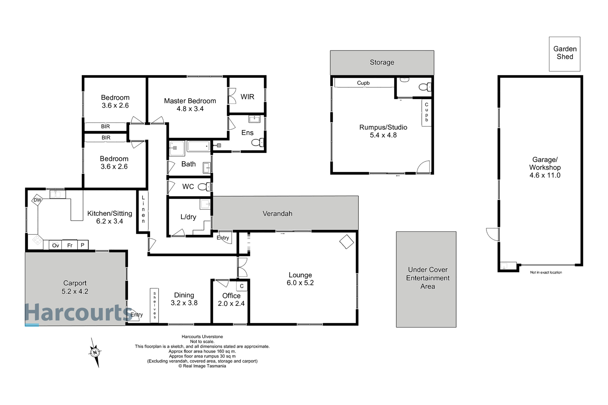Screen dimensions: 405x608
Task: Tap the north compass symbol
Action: click(95, 352)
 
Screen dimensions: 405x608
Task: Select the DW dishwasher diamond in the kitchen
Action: click(37, 200)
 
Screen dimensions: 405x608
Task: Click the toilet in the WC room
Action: click(204, 187)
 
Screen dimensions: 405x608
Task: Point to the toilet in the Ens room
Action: click(257, 142)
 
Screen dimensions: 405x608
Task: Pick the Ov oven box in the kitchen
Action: click(55, 245)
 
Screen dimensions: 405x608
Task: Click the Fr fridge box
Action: click(70, 245)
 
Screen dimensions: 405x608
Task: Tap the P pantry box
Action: click(82, 245)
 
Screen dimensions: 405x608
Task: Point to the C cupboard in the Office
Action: click(242, 286)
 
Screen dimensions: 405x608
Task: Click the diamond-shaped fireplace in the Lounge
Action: click(346, 242)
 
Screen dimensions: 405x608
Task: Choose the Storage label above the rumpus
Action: click(382, 62)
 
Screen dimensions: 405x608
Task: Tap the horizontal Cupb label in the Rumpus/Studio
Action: click(363, 83)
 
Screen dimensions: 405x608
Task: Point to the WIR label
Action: click(247, 97)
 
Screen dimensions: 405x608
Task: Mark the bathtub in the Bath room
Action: click(198, 146)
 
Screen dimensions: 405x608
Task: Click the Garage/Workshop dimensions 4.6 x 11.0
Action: click(545, 175)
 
